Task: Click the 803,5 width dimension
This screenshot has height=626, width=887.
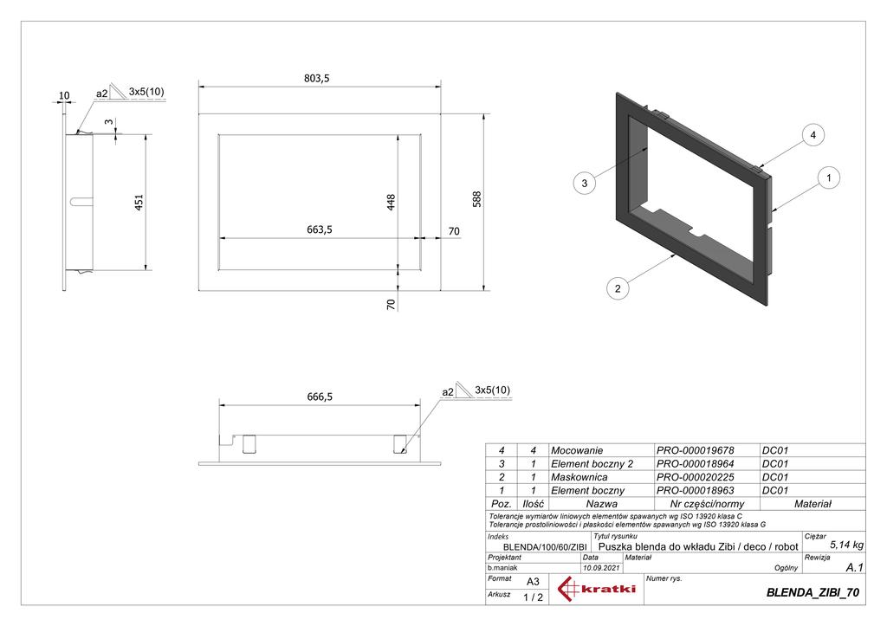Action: click(x=318, y=78)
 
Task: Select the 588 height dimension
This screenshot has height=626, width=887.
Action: click(x=476, y=198)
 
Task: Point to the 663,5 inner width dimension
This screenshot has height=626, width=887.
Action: click(x=320, y=229)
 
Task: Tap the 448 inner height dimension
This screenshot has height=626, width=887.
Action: click(x=392, y=202)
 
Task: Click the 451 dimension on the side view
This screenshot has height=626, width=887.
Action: click(x=139, y=201)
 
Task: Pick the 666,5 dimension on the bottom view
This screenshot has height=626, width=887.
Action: click(x=320, y=397)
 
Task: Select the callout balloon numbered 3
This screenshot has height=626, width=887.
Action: click(x=586, y=183)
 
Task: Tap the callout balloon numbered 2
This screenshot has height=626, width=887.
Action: click(x=618, y=289)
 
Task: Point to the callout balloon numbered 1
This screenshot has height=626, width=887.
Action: click(x=829, y=178)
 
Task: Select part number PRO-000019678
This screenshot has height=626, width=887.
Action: click(x=695, y=451)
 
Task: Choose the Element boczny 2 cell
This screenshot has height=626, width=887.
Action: click(x=592, y=464)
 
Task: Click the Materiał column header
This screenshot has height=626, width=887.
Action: click(x=812, y=503)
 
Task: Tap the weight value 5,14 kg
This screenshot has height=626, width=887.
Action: click(x=845, y=545)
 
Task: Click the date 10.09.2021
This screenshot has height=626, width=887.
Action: click(x=601, y=568)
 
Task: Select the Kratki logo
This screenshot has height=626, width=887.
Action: click(x=598, y=591)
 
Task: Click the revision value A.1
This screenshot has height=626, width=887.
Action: click(x=853, y=567)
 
